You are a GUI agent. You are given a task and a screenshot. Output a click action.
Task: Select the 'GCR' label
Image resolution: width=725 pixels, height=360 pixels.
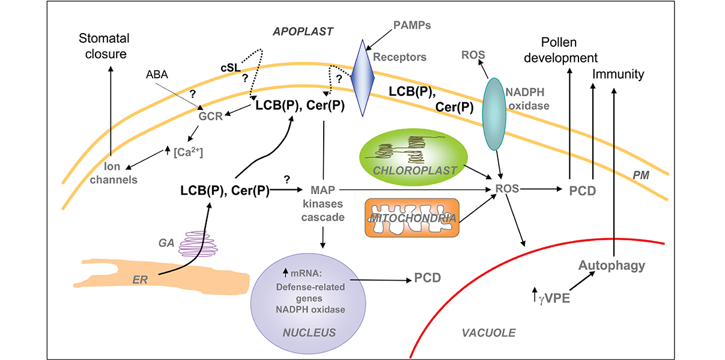click(211, 116)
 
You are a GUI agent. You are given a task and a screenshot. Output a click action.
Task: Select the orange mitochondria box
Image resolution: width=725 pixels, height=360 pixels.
click(411, 219)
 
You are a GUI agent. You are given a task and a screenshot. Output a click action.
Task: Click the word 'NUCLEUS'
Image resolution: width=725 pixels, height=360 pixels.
click(309, 331)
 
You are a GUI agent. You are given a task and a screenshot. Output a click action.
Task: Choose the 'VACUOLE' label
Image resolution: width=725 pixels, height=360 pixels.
click(488, 332)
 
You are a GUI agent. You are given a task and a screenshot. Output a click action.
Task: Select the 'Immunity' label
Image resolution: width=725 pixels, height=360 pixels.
click(618, 75)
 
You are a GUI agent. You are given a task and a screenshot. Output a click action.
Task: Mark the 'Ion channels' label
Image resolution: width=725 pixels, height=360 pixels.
click(120, 172)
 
